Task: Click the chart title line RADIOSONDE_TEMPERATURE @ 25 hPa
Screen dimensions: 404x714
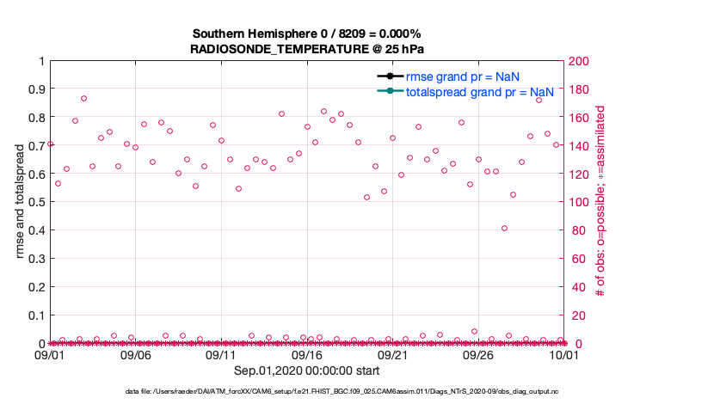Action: click(x=306, y=49)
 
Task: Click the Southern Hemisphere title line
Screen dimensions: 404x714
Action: click(x=306, y=34)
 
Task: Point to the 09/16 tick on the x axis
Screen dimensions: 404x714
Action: click(x=307, y=354)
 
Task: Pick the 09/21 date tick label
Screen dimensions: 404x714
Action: click(x=393, y=354)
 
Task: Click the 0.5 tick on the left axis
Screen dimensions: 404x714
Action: click(x=36, y=202)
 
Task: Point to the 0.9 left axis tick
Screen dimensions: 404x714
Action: click(x=36, y=89)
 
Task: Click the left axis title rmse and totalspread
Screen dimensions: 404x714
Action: click(x=21, y=202)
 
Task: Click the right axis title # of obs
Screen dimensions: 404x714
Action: click(x=601, y=202)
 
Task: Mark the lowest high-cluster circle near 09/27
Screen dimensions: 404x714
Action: click(x=504, y=228)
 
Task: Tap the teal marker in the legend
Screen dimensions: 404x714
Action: click(x=390, y=91)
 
